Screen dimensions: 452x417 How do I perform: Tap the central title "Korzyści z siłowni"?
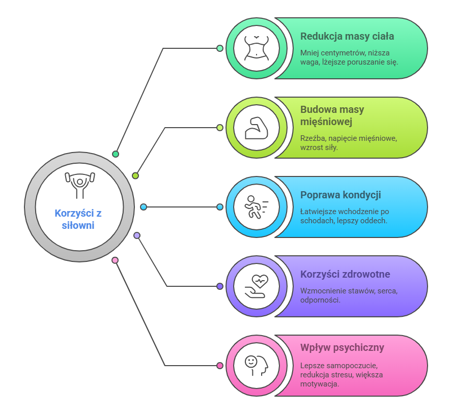(x=78, y=219)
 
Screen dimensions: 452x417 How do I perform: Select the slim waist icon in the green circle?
(x=256, y=48)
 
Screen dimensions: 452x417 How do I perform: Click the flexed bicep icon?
(x=256, y=128)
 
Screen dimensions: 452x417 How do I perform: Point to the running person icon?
(x=256, y=207)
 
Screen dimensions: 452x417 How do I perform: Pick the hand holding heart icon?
(x=256, y=286)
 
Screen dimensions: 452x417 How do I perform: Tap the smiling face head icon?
(x=256, y=366)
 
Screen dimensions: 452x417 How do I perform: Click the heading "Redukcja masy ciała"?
(x=347, y=36)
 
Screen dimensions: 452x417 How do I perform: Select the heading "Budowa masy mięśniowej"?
(x=332, y=115)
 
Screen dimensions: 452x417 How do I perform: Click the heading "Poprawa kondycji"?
(x=341, y=195)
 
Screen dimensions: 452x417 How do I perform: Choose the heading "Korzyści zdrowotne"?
(x=345, y=274)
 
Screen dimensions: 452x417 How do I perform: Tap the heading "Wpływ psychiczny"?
(x=342, y=348)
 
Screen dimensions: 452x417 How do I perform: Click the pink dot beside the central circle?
(x=115, y=260)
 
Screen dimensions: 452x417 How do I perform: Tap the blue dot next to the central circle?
(x=144, y=207)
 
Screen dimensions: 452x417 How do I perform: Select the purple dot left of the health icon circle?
(x=220, y=286)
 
